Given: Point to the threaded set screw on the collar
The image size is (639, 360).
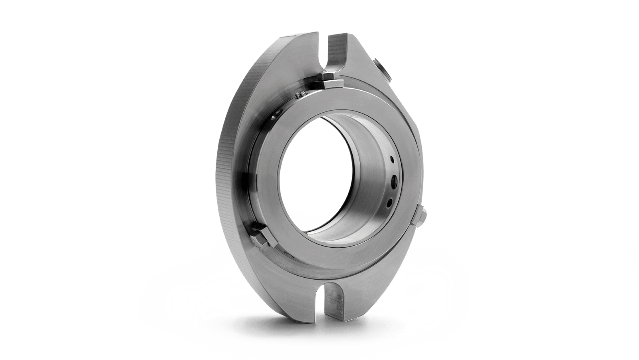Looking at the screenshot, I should tap(300, 95).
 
